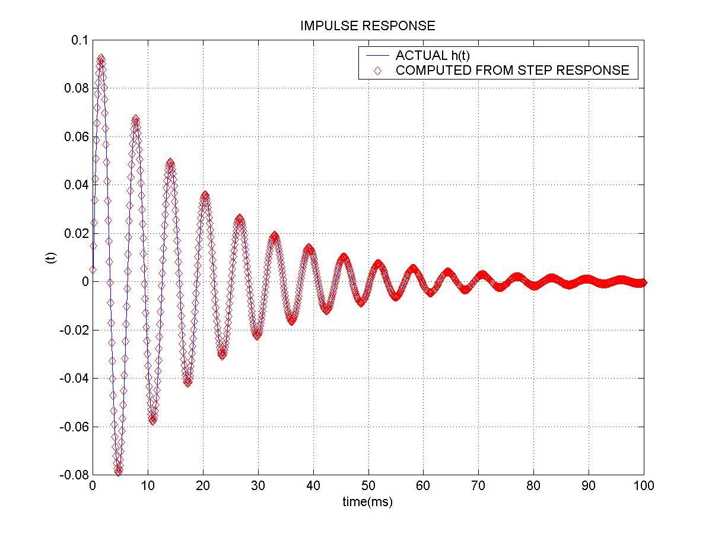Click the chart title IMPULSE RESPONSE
pyautogui.click(x=367, y=26)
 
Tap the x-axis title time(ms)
pyautogui.click(x=367, y=502)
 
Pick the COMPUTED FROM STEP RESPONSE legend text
pyautogui.click(x=512, y=71)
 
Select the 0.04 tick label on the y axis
pyautogui.click(x=75, y=185)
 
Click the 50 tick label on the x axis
pyautogui.click(x=368, y=486)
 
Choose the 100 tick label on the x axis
pyautogui.click(x=644, y=486)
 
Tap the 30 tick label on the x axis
pyautogui.click(x=258, y=486)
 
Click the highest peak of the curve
pyautogui.click(x=101, y=58)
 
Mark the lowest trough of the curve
pyautogui.click(x=118, y=472)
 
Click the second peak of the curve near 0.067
pyautogui.click(x=135, y=119)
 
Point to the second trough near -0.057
pyautogui.click(x=152, y=420)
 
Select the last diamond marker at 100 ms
pyautogui.click(x=644, y=282)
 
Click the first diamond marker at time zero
pyautogui.click(x=93, y=269)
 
